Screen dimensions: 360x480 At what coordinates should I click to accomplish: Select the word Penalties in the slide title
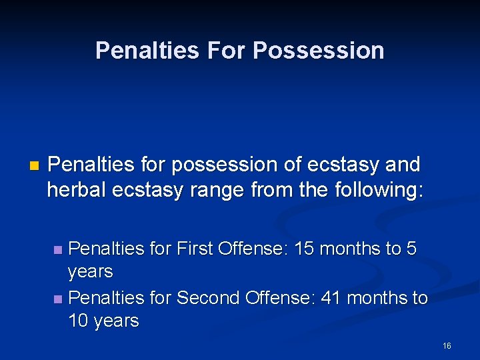pos(149,51)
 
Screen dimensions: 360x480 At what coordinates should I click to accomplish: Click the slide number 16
pos(447,345)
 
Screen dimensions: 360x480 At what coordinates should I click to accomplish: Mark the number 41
pos(331,297)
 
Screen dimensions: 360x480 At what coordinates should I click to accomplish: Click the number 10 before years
pos(79,321)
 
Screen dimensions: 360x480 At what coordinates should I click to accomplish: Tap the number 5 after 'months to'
pos(411,249)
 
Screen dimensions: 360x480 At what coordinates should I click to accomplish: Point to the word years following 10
pos(117,321)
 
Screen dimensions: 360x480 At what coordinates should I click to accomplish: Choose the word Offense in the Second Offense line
pos(280,297)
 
